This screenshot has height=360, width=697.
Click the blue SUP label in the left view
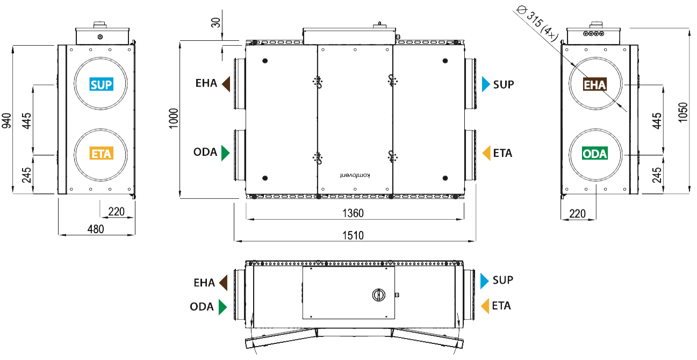tap(101, 84)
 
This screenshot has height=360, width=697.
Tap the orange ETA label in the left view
tap(101, 153)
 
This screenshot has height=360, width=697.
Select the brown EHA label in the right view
tap(595, 84)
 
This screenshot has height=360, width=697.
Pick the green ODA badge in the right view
tap(595, 153)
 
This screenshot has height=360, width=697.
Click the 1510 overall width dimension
tap(353, 235)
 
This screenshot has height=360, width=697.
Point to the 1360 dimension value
tap(353, 213)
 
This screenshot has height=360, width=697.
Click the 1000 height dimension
tap(174, 118)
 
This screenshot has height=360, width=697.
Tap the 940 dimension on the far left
tap(6, 120)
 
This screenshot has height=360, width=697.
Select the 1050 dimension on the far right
tap(682, 112)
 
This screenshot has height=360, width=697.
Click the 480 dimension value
tap(96, 229)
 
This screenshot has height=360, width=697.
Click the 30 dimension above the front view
tap(215, 23)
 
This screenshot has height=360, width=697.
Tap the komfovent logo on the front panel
tap(355, 176)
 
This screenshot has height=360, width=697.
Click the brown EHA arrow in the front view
tap(226, 84)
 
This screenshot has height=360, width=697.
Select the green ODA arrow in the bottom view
tap(223, 307)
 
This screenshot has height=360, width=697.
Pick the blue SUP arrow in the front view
tap(486, 84)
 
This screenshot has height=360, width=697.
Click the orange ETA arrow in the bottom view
tap(485, 306)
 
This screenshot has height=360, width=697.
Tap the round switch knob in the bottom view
tap(379, 294)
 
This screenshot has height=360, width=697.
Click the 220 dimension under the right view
tap(577, 214)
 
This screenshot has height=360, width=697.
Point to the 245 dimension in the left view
tap(26, 175)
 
